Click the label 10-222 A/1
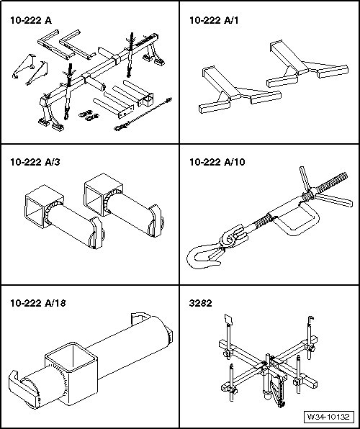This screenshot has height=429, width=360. click(214, 21)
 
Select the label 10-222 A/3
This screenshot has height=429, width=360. click(35, 162)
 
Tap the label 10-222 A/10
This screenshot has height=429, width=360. click(217, 162)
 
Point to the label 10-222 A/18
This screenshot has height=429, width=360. click(38, 303)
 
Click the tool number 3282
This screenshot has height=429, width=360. click(201, 303)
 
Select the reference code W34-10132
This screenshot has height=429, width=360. click(328, 417)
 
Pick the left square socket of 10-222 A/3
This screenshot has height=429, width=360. click(44, 205)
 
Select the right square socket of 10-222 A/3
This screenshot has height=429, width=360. click(103, 194)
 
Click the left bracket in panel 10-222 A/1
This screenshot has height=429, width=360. click(240, 90)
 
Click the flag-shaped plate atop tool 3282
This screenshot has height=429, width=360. click(228, 320)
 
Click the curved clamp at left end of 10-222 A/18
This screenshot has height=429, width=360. click(22, 389)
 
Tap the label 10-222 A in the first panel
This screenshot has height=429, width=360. click(31, 21)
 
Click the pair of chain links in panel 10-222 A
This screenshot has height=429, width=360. click(89, 115)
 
